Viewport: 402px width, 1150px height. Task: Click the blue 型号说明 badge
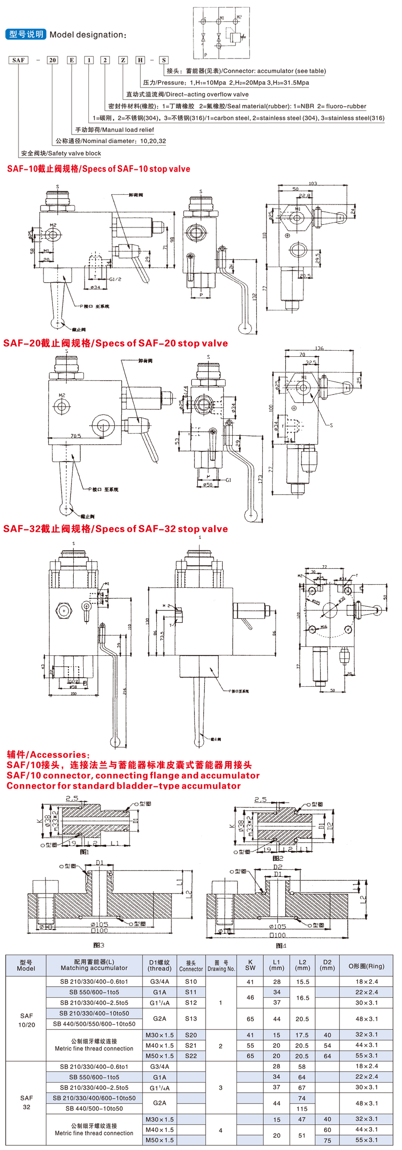(x=26, y=34)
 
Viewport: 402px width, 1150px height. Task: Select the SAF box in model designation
(x=18, y=60)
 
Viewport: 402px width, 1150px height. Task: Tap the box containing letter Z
(x=123, y=60)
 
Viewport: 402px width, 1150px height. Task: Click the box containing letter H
(x=140, y=60)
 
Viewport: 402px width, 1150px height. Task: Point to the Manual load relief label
(x=114, y=130)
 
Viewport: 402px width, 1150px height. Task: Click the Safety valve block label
(x=61, y=153)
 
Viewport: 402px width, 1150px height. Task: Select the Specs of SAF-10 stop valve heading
(x=99, y=169)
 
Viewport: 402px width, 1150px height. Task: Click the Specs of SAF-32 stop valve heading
(x=115, y=528)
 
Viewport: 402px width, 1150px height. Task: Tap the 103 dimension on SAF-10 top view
(x=312, y=183)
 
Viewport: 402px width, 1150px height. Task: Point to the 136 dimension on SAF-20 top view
(x=319, y=348)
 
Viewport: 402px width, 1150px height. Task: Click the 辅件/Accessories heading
(x=48, y=755)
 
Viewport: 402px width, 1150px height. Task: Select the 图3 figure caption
(x=99, y=945)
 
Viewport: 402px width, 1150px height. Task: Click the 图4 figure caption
(x=281, y=945)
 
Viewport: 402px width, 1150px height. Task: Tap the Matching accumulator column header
(x=94, y=965)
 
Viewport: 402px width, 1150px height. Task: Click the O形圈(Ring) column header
(x=366, y=966)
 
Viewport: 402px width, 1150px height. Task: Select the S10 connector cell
(x=191, y=981)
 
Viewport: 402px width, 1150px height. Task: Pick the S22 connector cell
(x=191, y=1056)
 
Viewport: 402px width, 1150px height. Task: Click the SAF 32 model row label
(x=26, y=1102)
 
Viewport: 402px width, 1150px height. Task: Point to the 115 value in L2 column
(x=302, y=1108)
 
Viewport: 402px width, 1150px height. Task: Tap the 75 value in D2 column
(x=327, y=1140)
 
